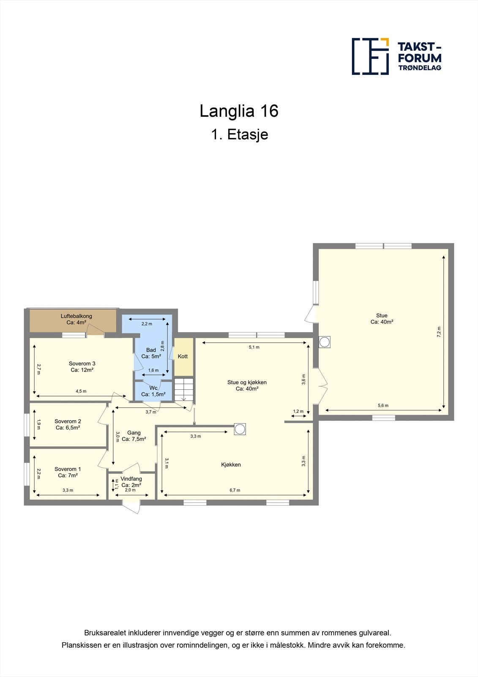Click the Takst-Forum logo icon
370,56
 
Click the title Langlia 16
239,111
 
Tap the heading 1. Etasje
239,135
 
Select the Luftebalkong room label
76,319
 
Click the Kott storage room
183,356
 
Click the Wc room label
153,391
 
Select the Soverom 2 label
68,424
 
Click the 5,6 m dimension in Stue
383,405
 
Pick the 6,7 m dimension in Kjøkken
235,490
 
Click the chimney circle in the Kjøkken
240,429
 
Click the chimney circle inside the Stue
325,342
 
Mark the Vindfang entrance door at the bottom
131,506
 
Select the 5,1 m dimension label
254,347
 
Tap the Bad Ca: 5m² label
151,353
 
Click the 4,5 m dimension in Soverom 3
81,391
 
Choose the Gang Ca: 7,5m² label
134,436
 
